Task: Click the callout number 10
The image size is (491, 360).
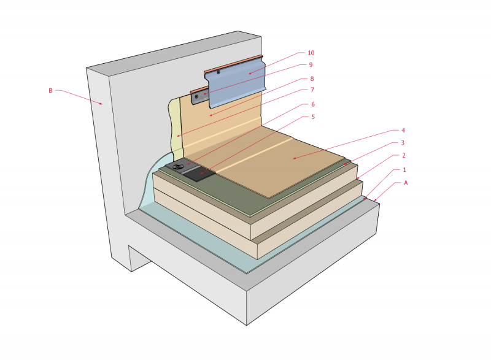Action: point(311,53)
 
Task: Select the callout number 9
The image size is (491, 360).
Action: point(311,65)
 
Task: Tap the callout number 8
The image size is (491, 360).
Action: point(311,79)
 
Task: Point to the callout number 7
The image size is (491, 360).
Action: point(311,91)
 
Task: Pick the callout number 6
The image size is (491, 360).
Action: point(311,104)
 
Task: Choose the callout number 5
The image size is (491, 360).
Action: point(311,117)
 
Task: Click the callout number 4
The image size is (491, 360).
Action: point(403,130)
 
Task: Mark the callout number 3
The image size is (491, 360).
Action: point(403,143)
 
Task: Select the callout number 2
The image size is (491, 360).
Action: point(403,156)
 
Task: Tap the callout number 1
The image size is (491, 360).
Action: point(403,169)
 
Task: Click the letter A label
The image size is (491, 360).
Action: point(405,182)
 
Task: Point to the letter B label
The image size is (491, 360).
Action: point(51,91)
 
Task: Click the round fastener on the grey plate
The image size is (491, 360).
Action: point(179,166)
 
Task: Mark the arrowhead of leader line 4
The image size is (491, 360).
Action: point(293,159)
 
